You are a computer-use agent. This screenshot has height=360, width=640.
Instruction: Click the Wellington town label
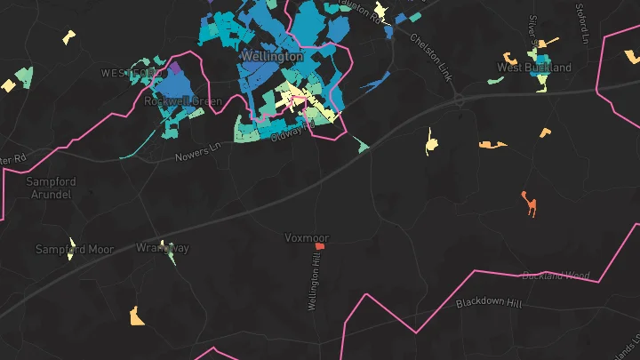click(x=271, y=56)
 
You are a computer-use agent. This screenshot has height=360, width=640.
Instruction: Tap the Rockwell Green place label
click(x=188, y=101)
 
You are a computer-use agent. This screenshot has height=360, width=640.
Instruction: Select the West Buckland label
click(x=533, y=68)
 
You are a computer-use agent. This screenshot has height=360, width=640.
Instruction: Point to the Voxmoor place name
click(x=307, y=238)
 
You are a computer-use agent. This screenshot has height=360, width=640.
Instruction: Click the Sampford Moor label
click(x=75, y=249)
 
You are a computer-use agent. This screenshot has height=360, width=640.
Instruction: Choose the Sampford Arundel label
click(x=53, y=188)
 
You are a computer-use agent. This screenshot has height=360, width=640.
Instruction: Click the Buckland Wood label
click(x=556, y=276)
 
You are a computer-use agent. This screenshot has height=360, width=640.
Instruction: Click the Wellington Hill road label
click(x=313, y=282)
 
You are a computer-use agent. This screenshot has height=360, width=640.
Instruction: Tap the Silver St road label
click(x=534, y=29)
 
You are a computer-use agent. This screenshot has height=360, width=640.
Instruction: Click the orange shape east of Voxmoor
click(x=531, y=204)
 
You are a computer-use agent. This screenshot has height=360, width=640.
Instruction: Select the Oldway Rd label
click(x=293, y=130)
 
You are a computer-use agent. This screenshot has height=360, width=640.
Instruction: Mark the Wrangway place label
click(x=162, y=248)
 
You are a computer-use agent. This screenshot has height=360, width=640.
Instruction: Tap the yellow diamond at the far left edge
click(x=8, y=85)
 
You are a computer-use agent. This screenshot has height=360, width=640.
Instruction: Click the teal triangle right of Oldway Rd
click(x=362, y=144)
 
